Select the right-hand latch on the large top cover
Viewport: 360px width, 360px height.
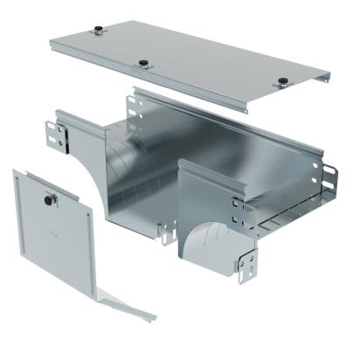[282, 83]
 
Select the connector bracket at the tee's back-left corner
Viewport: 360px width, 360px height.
[135, 105]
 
